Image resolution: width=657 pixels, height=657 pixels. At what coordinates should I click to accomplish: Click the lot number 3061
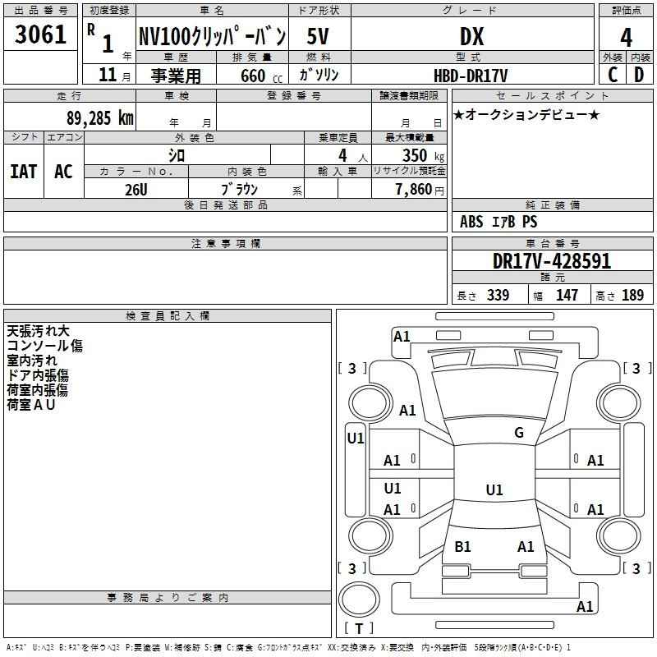pos(40,34)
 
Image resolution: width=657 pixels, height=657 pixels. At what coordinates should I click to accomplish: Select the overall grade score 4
pos(626,38)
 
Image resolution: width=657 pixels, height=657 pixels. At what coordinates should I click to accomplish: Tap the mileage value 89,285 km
pos(99,118)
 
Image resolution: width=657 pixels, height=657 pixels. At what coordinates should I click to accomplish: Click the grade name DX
pos(471,36)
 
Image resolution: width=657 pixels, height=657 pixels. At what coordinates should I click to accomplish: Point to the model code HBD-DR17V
pos(471,76)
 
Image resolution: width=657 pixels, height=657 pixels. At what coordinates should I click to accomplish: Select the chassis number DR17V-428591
pos(552,261)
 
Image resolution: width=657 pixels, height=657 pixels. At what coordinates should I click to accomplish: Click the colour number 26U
pos(136,190)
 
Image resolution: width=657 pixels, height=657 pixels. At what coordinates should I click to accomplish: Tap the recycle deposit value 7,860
pos(414,190)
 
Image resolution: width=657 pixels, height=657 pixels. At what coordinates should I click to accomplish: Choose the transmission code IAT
pos(24,172)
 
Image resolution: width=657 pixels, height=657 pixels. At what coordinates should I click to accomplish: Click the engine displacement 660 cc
pos(261,76)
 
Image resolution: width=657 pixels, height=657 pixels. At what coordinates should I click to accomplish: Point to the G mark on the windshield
pos(519,432)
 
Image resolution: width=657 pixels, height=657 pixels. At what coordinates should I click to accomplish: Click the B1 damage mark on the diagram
pos(462,546)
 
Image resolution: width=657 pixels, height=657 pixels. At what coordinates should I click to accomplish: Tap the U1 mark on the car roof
pos(494,489)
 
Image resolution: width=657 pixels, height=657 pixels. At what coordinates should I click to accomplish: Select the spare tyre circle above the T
pos(359,600)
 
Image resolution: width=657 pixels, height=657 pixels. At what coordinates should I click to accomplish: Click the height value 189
pos(632,295)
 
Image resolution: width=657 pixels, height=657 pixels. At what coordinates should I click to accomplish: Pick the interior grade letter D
pos(639,75)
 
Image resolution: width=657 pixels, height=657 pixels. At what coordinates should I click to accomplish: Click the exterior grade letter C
pos(613,75)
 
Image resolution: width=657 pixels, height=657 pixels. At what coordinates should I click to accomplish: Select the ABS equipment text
pos(471,222)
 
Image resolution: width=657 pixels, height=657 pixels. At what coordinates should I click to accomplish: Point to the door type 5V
pos(318,36)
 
